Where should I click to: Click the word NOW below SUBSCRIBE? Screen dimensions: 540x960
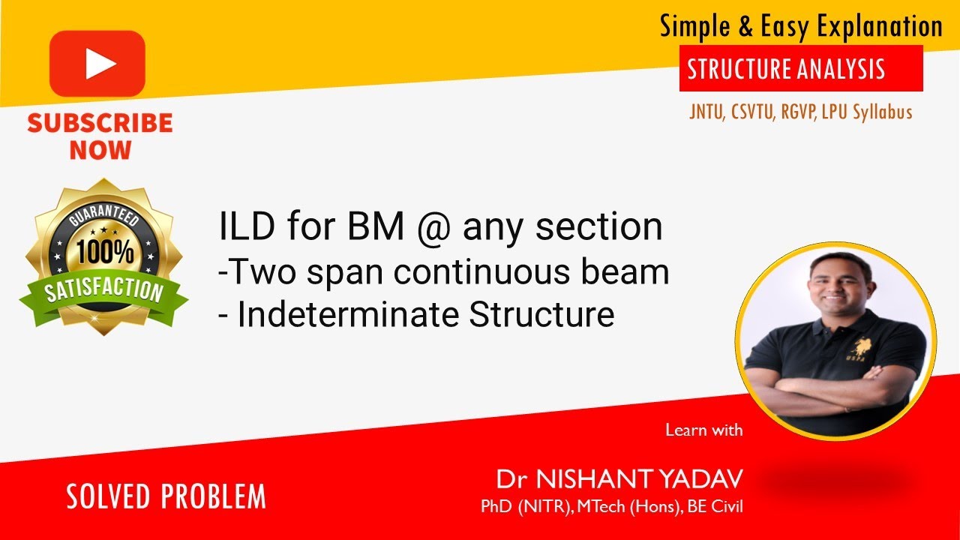click(100, 150)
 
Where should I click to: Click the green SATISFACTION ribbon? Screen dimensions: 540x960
click(105, 291)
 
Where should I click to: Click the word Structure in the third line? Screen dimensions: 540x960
click(541, 315)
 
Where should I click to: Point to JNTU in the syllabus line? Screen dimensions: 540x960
click(706, 112)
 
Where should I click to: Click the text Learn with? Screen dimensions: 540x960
click(703, 430)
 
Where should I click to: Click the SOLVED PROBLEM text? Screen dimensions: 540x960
click(166, 496)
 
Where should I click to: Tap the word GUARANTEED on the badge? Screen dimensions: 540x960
click(105, 213)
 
